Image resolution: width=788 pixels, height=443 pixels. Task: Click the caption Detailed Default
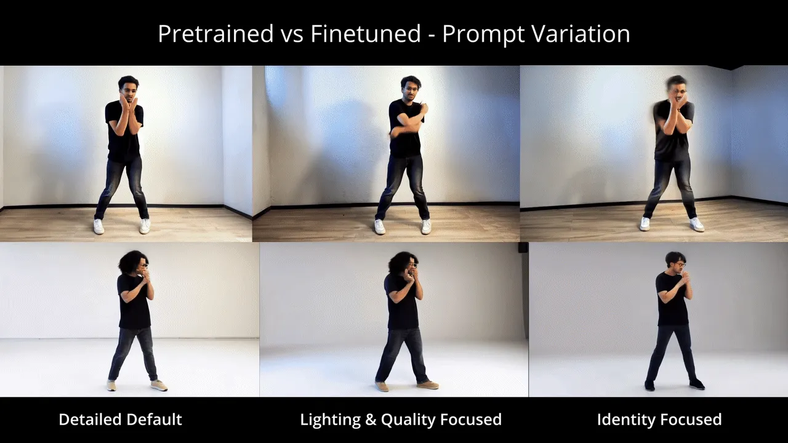[120, 420]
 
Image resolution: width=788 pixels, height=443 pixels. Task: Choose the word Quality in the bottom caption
[408, 420]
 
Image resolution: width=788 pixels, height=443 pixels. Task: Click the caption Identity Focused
[659, 420]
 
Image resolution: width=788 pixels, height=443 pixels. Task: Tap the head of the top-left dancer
[129, 87]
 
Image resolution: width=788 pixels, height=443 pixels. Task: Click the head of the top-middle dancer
[410, 87]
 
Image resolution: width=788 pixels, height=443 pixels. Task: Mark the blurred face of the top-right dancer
[677, 89]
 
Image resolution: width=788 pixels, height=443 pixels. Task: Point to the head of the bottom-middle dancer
[403, 265]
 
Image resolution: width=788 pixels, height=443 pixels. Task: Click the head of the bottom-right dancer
[675, 262]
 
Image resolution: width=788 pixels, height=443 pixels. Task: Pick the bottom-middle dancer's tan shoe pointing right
[427, 385]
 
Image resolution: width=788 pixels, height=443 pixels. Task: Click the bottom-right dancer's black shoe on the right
[697, 384]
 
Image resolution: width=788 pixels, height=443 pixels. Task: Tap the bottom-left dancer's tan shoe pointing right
[159, 386]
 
